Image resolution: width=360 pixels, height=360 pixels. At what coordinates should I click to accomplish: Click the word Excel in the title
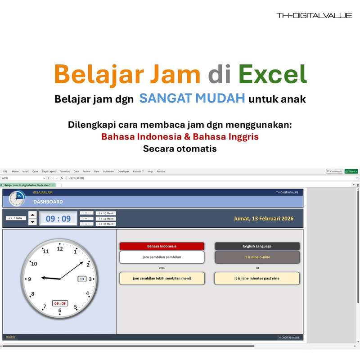[273, 74]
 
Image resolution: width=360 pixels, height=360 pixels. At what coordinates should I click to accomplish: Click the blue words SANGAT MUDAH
[192, 98]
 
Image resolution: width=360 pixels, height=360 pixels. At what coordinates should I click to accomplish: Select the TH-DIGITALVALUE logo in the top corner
[314, 15]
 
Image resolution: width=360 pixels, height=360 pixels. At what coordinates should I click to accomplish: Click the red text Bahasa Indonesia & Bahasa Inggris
[180, 136]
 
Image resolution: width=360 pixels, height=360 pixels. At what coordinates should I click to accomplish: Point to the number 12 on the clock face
[60, 248]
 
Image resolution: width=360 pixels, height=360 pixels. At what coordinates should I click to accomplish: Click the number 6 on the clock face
[60, 310]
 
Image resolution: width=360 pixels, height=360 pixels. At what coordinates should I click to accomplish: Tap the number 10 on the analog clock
[34, 264]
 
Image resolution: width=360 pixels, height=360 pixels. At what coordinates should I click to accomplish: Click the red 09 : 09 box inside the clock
[60, 303]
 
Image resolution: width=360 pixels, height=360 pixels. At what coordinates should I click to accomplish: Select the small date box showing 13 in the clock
[82, 279]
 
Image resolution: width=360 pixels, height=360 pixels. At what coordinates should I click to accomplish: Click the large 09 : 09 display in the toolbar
[58, 219]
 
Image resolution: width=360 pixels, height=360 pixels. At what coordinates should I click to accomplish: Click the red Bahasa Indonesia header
[162, 246]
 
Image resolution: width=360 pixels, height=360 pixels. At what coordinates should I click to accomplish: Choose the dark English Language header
[257, 246]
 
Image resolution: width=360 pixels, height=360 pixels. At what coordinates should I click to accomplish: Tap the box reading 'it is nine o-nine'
[257, 257]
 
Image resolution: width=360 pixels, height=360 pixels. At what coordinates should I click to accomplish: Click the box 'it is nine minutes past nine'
[257, 278]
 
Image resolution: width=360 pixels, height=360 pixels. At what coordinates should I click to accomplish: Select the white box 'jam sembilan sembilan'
[162, 257]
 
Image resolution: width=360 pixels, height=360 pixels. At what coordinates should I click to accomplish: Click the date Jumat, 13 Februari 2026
[263, 219]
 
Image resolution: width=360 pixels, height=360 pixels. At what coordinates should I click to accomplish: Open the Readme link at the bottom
[10, 337]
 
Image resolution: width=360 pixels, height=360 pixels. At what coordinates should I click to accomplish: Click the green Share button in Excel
[351, 171]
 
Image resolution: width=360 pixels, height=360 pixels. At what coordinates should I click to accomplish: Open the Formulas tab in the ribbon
[64, 171]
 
